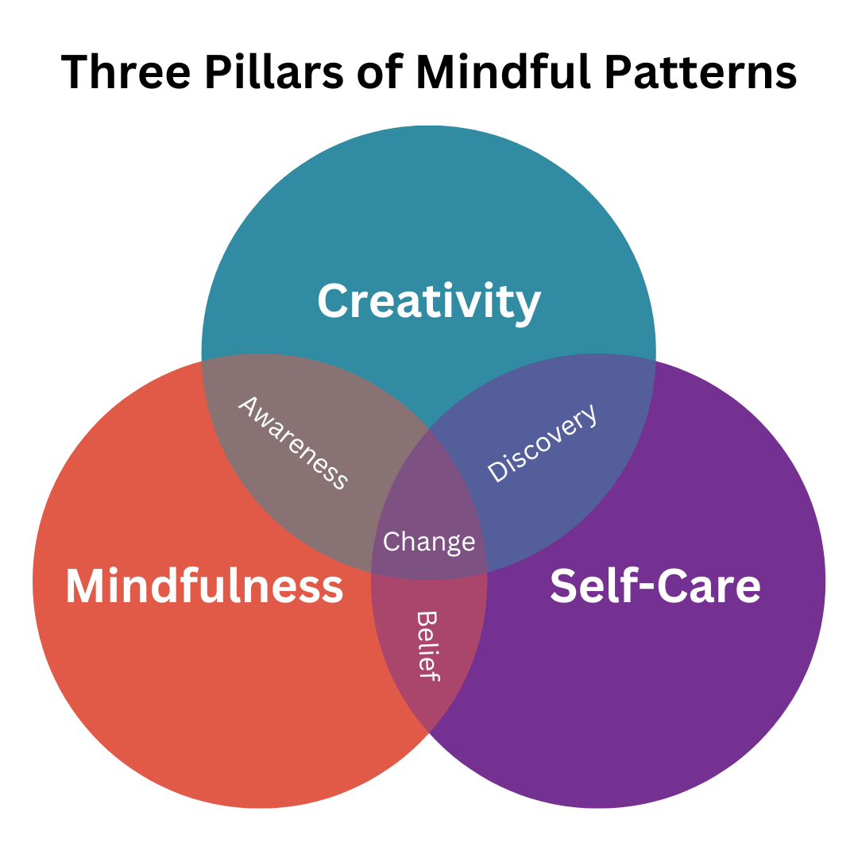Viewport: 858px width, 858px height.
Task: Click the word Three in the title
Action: (x=126, y=71)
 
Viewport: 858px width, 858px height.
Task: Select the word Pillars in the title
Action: (x=274, y=71)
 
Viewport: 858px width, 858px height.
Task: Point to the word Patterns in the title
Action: (x=701, y=71)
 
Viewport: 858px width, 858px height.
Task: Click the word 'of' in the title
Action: (x=380, y=71)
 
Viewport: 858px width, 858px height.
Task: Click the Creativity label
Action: (x=429, y=302)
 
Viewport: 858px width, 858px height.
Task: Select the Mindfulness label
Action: (x=204, y=586)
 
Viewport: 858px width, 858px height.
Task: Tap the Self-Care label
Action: (x=655, y=586)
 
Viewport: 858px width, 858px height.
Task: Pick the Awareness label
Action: (x=292, y=443)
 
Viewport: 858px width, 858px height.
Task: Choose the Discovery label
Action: (x=543, y=443)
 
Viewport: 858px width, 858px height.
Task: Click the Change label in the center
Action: (x=429, y=543)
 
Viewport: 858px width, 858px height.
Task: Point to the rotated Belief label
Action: (x=427, y=646)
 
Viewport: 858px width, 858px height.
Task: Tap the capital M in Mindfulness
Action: (x=87, y=586)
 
